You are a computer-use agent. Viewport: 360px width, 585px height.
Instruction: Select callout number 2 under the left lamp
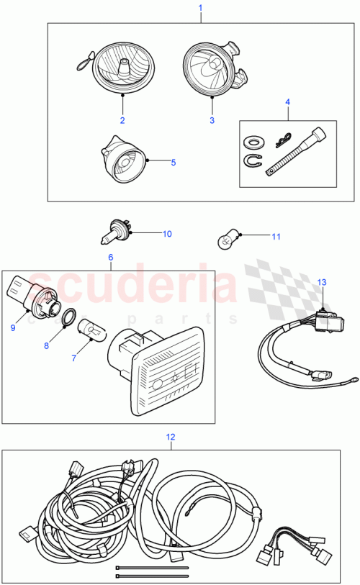122,119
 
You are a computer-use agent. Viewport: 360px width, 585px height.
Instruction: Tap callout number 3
212,120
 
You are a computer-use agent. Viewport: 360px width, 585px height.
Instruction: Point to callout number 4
288,102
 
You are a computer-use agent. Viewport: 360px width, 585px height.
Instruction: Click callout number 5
173,163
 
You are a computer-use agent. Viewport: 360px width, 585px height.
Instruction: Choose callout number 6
111,256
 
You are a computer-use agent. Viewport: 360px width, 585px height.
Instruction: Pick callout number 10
167,234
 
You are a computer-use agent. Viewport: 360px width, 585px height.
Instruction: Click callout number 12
171,436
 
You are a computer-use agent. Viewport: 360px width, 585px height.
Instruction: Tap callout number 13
321,282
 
